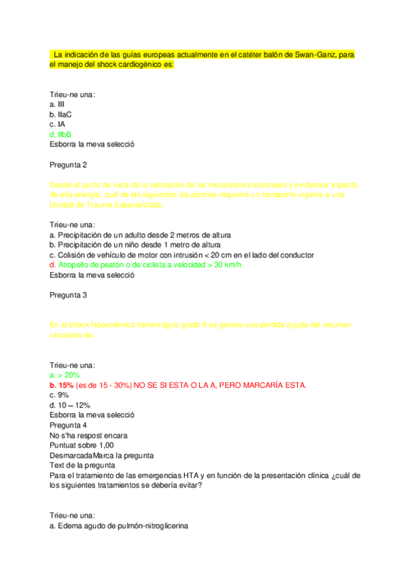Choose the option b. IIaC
pos(61,115)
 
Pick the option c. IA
pos(57,124)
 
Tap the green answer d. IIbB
pos(61,135)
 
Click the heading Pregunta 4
pos(68,425)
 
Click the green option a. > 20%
pos(65,375)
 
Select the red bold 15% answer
pos(68,385)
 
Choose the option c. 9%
pos(60,395)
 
